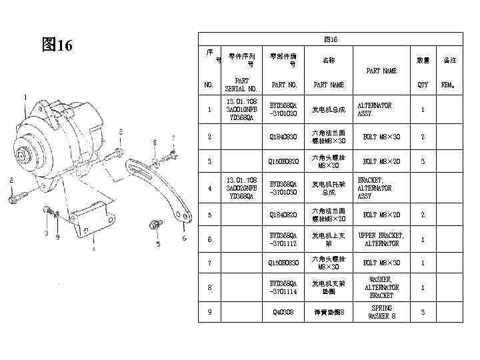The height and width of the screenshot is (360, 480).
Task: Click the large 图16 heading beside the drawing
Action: [x=57, y=45]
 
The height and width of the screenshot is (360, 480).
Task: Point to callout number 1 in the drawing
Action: [x=25, y=97]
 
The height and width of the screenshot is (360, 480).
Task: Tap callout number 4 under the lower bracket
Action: [x=93, y=249]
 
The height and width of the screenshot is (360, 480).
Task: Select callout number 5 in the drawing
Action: [x=158, y=244]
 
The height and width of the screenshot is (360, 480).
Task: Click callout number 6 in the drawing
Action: [x=184, y=237]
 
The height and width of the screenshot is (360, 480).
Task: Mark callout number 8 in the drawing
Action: [x=155, y=142]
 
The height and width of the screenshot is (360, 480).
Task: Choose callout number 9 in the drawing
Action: [x=57, y=237]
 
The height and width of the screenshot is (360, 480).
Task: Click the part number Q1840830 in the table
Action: [x=283, y=137]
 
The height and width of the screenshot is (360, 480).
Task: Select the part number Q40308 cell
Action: [x=283, y=312]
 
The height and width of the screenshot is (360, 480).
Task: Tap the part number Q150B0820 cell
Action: [x=283, y=161]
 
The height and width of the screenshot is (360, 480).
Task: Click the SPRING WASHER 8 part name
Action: [x=381, y=312]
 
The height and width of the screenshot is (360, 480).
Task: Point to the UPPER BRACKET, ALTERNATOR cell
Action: [x=381, y=239]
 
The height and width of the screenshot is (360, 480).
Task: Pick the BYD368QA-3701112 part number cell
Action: [x=283, y=239]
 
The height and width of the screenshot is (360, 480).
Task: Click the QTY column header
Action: [x=423, y=85]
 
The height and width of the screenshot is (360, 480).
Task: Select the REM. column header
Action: [x=449, y=85]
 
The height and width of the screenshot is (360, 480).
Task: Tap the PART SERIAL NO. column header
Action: [x=241, y=85]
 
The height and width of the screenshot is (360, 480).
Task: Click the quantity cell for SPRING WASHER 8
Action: [x=423, y=312]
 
